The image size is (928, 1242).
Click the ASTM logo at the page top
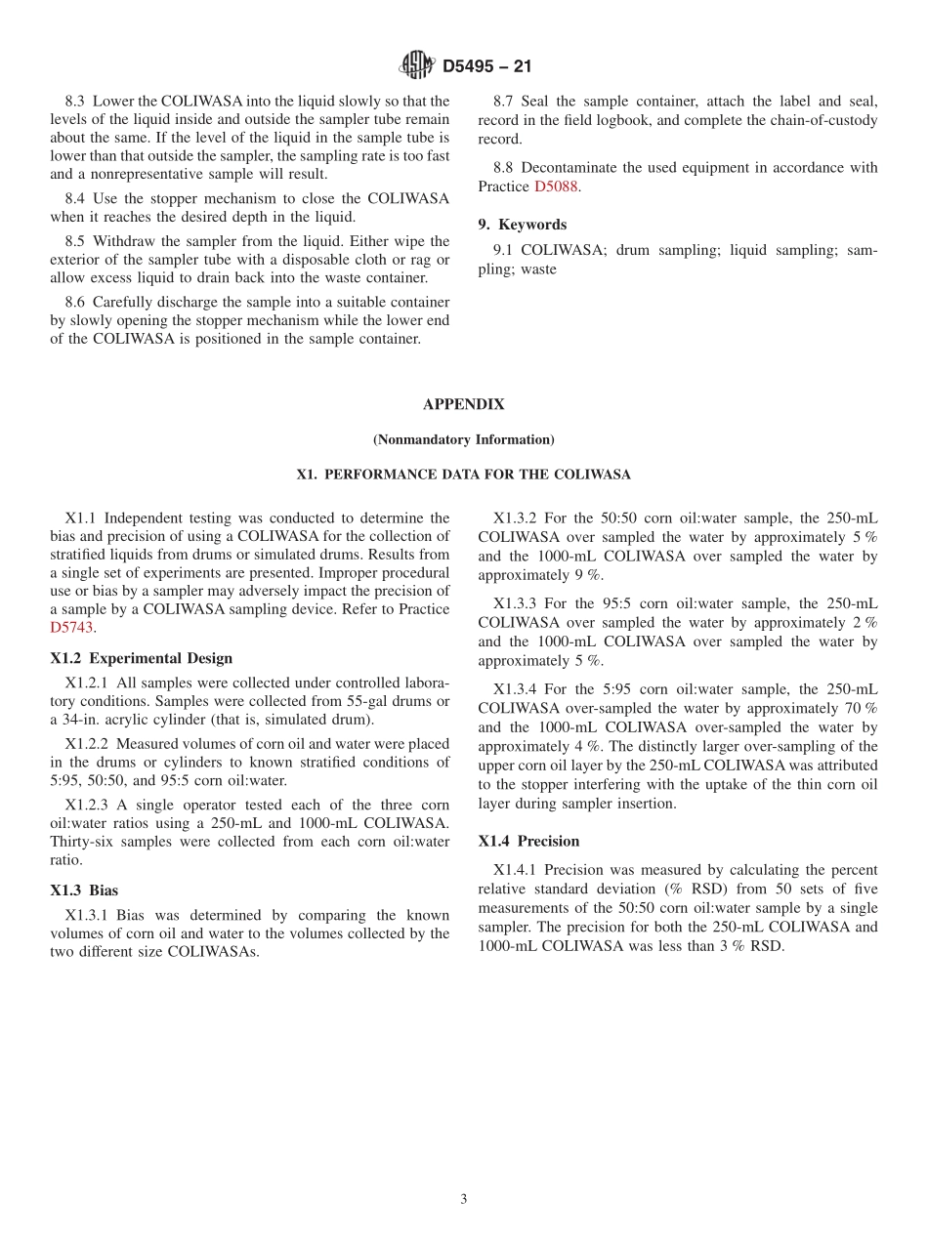click(417, 66)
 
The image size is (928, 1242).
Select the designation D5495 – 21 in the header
click(486, 67)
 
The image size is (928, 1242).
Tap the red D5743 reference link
click(71, 628)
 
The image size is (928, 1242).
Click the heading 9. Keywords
click(522, 225)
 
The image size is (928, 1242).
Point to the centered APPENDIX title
click(463, 404)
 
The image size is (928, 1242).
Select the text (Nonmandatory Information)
click(463, 439)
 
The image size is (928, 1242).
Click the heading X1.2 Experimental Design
click(141, 658)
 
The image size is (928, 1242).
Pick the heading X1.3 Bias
click(84, 890)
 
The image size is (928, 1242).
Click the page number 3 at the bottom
click(464, 1200)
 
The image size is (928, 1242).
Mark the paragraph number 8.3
click(75, 102)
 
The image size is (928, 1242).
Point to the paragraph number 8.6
click(75, 302)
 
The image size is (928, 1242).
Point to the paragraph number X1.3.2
click(514, 518)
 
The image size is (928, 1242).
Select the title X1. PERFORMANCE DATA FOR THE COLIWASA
click(463, 475)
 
